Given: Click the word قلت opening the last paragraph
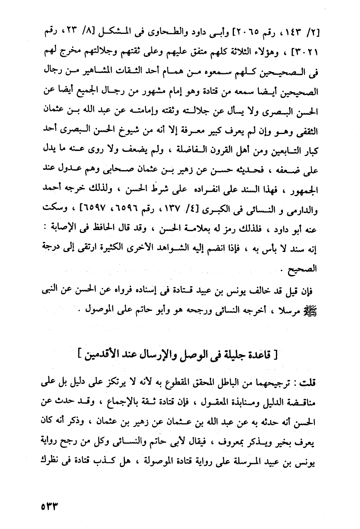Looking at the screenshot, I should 308,383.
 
